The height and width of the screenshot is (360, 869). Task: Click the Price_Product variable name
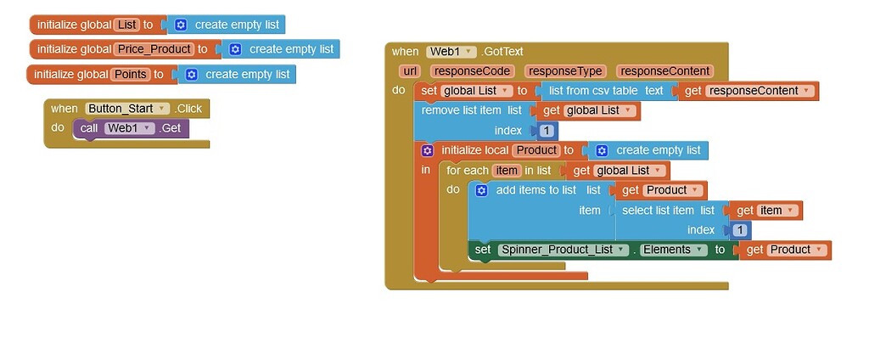pos(154,49)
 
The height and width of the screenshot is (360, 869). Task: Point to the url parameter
pos(409,71)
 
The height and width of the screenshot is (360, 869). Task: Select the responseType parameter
pos(563,71)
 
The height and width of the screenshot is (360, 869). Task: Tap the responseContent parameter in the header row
pos(664,71)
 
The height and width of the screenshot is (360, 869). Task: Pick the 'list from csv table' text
pos(592,91)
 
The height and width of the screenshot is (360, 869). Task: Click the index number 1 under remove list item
pos(547,131)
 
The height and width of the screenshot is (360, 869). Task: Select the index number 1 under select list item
pos(740,230)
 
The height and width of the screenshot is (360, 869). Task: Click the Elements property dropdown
pos(674,250)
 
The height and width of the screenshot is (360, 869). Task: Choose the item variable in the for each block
pos(507,171)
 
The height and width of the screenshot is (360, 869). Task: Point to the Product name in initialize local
pos(536,150)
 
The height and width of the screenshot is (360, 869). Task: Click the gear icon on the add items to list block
pos(481,190)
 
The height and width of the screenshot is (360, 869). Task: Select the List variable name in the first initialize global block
pos(126,25)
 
